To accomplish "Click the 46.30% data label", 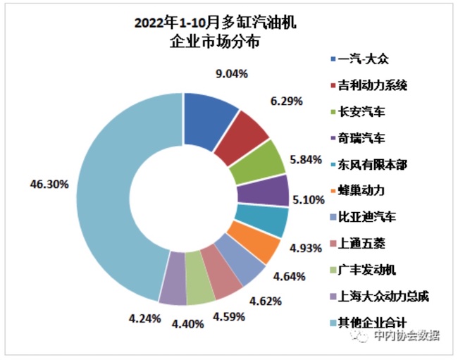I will coord(49,185).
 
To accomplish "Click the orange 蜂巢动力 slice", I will coord(255,243).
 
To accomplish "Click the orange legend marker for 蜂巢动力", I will coord(334,190).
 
